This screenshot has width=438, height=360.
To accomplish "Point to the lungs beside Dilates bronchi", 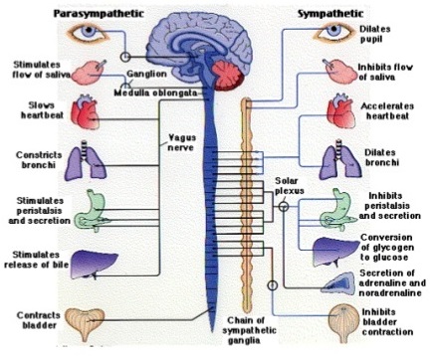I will [x=342, y=159].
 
